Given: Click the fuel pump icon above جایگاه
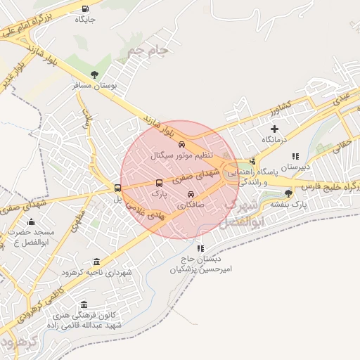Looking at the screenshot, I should [86, 9].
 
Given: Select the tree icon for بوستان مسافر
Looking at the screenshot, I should [94, 75].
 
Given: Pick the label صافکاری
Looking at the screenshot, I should [191, 205].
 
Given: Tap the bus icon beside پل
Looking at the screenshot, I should [117, 188].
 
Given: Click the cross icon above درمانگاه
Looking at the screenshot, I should [274, 129].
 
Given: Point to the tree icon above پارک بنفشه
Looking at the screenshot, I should [288, 193].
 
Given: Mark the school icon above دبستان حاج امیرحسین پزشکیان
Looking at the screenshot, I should [201, 248].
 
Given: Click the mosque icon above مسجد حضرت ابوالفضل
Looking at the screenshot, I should [30, 221].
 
